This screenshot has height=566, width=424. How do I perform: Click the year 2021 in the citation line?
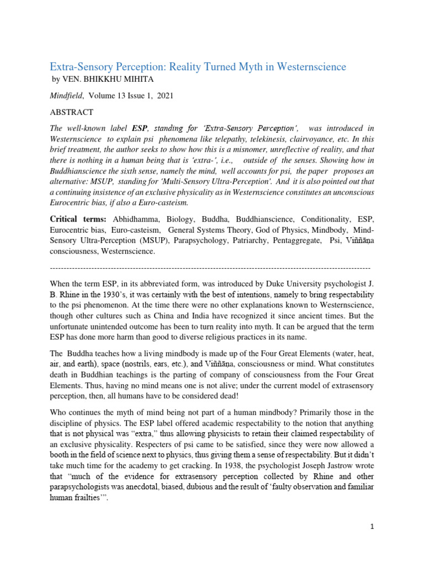click(164, 96)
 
